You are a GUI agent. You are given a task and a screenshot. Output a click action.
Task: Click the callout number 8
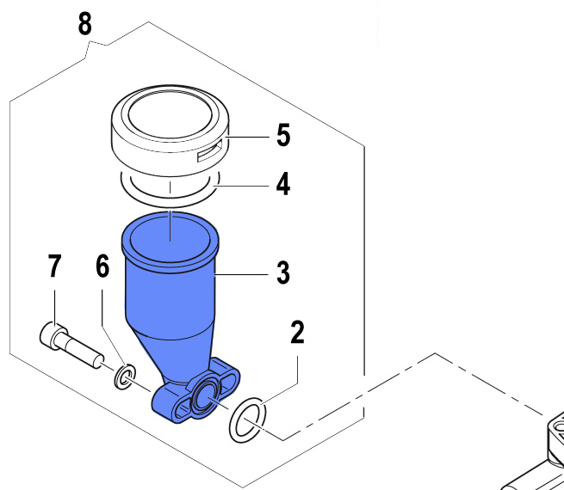click(84, 23)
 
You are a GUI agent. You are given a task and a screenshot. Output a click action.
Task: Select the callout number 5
click(283, 135)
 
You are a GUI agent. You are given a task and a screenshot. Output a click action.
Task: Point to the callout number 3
click(282, 274)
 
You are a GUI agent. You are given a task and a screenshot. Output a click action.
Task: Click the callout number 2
click(297, 333)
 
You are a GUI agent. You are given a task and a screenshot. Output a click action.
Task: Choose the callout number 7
click(54, 266)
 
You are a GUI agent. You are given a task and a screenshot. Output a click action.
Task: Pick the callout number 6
click(102, 266)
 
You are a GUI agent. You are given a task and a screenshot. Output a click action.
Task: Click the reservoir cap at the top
click(171, 125)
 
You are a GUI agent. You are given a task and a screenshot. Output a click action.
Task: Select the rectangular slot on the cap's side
click(209, 154)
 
